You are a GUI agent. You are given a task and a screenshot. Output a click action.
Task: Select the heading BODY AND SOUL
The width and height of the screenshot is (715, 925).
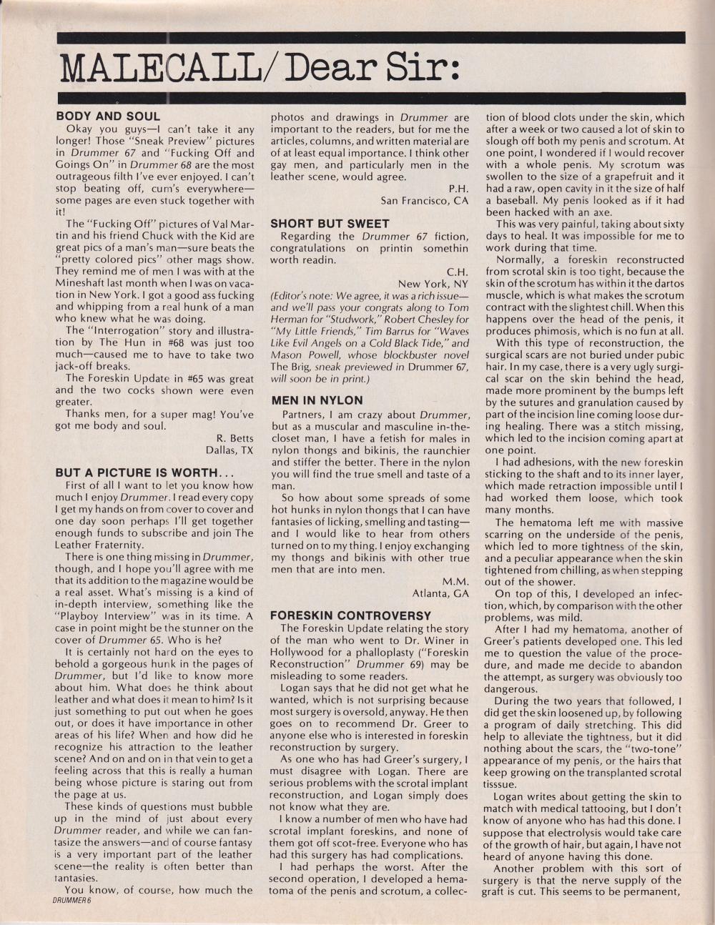108,116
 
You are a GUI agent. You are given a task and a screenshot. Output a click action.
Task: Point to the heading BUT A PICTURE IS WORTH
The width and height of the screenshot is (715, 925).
136,473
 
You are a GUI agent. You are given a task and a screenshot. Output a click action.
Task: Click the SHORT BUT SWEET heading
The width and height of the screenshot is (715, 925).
330,224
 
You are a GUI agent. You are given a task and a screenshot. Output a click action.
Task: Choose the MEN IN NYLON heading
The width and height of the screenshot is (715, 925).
317,400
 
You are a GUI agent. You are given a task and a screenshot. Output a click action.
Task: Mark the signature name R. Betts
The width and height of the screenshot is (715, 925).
235,438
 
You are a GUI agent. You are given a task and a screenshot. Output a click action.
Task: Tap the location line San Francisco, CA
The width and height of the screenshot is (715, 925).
425,201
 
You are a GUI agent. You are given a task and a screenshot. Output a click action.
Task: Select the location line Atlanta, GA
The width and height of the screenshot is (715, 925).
440,593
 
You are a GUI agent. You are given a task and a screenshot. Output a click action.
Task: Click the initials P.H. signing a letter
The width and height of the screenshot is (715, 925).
458,189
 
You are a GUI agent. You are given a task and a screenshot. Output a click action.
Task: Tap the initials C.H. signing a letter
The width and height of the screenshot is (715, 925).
458,272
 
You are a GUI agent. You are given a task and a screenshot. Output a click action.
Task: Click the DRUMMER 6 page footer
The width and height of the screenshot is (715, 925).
72,901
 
